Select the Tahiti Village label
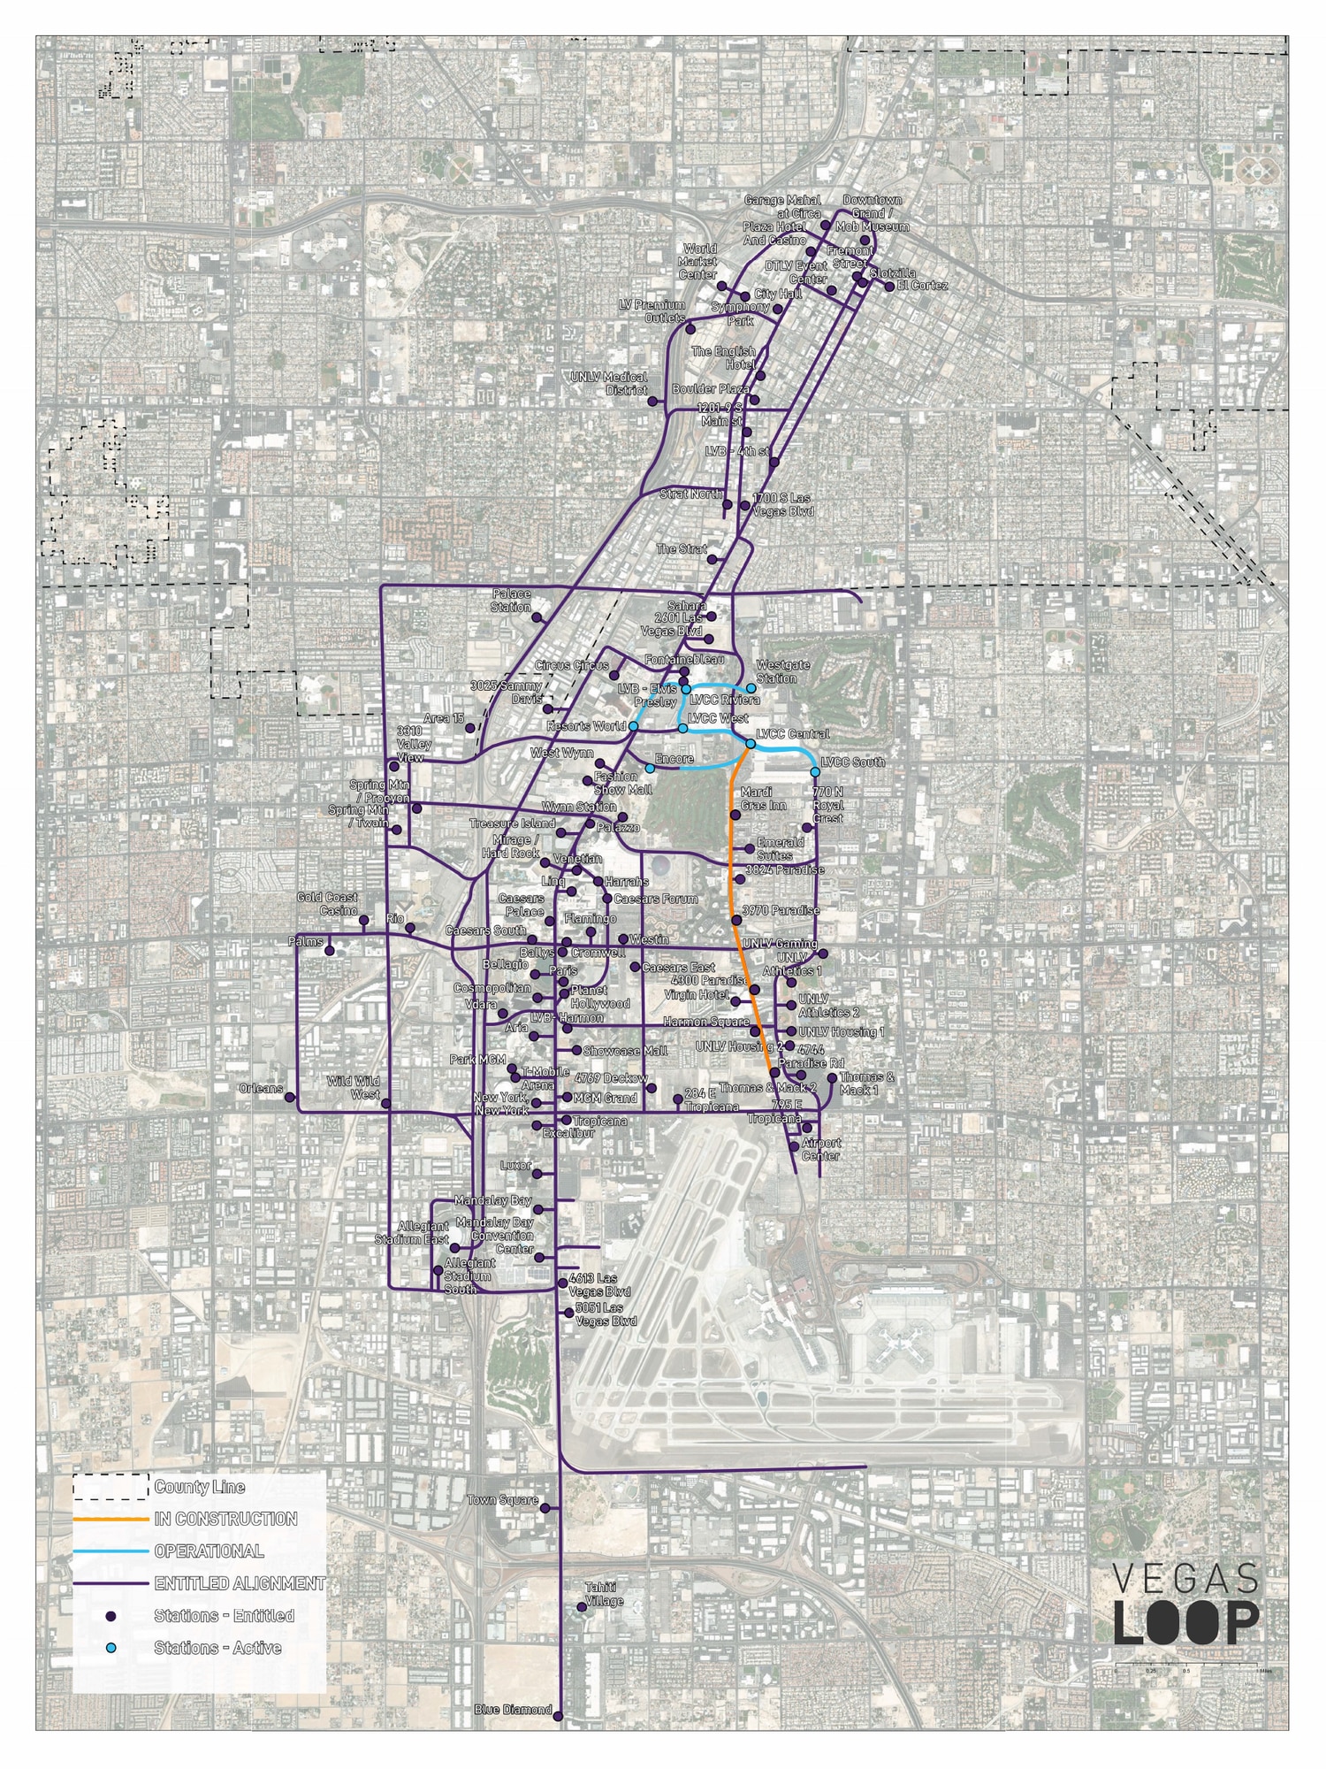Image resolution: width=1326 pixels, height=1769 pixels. coord(605,1594)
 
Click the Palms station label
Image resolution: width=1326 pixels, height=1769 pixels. coord(306,942)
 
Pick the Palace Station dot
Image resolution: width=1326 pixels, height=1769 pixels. coord(536,617)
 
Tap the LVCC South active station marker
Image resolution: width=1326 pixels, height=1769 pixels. coord(814,772)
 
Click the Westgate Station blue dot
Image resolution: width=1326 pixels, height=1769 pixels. coord(751,688)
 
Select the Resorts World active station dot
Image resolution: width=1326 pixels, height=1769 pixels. coord(633,726)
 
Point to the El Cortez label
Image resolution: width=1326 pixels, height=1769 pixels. coord(922,286)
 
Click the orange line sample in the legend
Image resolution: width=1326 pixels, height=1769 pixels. coord(110,1519)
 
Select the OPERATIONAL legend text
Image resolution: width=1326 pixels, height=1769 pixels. coord(209,1551)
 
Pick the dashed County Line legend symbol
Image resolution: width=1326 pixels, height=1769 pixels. coord(110,1486)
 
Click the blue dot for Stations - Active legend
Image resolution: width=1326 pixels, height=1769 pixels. coord(110,1648)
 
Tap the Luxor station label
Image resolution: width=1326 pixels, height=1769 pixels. coord(516,1165)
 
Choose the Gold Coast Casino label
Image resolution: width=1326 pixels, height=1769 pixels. coord(327,904)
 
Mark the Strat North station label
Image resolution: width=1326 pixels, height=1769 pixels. coord(691,494)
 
